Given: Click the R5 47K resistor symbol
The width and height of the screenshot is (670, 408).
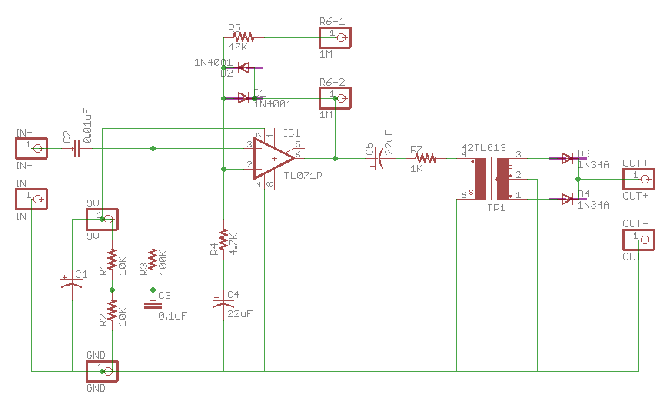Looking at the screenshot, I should (244, 37).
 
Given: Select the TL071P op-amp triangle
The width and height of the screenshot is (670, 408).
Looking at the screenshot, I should (272, 158).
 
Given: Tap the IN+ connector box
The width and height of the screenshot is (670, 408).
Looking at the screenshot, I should (32, 148).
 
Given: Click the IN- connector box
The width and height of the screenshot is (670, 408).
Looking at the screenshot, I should (32, 199).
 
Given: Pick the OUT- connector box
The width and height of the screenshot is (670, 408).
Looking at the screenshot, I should (638, 240).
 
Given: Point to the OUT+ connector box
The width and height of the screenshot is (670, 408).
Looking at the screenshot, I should (638, 179).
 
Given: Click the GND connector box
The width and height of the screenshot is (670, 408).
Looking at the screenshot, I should (102, 371).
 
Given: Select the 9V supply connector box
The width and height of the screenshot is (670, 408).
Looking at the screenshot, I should (102, 219).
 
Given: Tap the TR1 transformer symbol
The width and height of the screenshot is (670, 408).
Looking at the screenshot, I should (492, 179).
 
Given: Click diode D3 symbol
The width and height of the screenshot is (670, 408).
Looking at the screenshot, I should (568, 158).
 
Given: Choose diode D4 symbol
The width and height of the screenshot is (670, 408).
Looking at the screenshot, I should (568, 199).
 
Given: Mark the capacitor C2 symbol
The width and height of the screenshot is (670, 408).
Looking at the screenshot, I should (77, 148).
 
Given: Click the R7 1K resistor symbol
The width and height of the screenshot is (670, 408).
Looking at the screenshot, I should (426, 158).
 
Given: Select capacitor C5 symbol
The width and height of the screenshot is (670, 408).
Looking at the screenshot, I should (378, 158).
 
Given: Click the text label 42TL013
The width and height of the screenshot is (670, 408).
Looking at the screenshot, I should (484, 148).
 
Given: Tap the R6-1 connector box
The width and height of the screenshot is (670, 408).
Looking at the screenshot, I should (335, 38).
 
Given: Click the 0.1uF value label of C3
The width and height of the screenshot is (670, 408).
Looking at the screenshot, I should (173, 316).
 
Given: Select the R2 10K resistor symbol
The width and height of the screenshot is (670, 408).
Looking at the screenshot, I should (112, 311).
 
